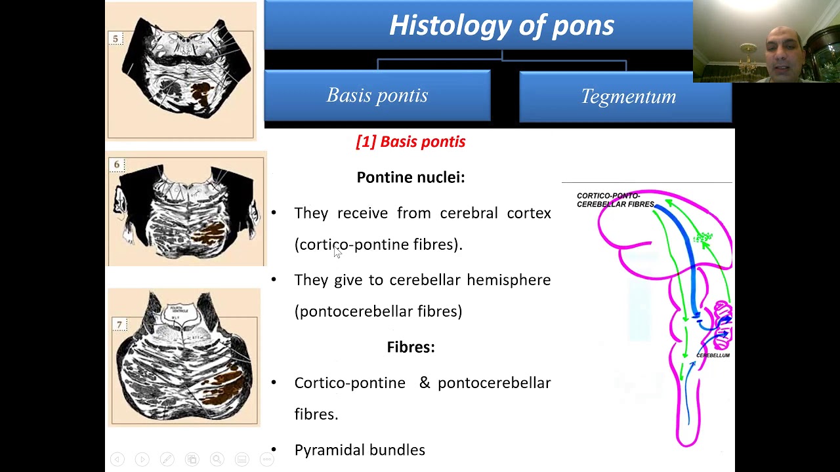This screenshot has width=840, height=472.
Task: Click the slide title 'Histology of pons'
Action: (501, 26)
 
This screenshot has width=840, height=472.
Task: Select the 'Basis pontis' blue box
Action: (377, 96)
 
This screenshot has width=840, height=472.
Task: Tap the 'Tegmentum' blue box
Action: (627, 97)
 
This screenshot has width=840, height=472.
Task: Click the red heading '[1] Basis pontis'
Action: (411, 142)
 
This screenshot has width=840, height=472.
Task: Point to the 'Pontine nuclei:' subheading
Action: (411, 177)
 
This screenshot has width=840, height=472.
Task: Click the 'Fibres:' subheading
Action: (411, 347)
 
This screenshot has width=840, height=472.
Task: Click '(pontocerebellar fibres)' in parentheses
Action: (379, 311)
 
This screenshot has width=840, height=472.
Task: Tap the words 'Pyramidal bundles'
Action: (360, 450)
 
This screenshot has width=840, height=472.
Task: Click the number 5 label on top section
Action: (115, 39)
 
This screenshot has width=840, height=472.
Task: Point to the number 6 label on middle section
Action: (117, 165)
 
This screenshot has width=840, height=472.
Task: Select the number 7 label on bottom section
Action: (119, 324)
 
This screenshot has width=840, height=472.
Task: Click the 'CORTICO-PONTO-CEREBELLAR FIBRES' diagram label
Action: (615, 200)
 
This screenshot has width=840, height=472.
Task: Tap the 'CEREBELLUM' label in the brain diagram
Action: (713, 355)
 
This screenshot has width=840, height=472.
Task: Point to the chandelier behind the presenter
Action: (747, 60)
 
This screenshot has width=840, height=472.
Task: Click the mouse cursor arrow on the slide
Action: (337, 252)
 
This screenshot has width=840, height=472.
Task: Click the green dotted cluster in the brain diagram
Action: (703, 237)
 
